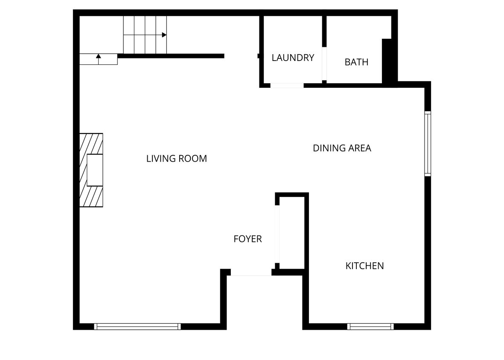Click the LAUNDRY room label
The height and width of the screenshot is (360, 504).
tap(293, 58)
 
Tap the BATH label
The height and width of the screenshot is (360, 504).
tap(356, 62)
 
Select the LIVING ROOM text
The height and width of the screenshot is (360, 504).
tap(176, 159)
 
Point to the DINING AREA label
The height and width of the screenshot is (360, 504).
tap(342, 148)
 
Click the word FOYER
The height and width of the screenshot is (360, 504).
tap(248, 239)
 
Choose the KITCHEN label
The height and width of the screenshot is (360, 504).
tap(364, 266)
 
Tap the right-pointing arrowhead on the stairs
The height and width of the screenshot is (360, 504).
tap(164, 35)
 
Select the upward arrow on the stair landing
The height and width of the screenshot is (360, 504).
tap(99, 56)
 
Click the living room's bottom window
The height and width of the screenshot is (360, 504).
tap(137, 327)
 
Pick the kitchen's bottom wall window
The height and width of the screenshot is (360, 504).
tap(370, 327)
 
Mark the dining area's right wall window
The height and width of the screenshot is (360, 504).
tap(428, 144)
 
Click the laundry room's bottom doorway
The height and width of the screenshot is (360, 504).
tap(287, 85)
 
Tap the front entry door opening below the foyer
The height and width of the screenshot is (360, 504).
tap(251, 273)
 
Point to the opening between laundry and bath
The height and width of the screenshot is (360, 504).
tap(324, 64)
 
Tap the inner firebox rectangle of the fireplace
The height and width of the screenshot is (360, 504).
tap(95, 170)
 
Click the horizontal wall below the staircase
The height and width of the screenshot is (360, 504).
tap(171, 56)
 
